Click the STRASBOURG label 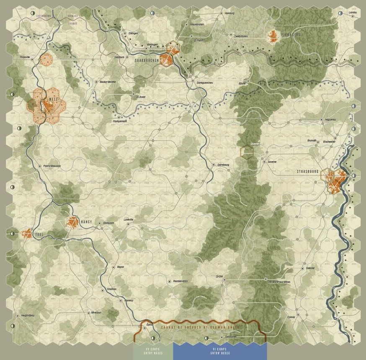(308, 172)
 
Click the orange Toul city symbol (27, 234)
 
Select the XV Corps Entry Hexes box (153, 350)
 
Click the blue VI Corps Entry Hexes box (219, 350)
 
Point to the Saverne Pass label (257, 144)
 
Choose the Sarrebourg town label (223, 165)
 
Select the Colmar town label (291, 317)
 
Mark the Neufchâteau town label (27, 315)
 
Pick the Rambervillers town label (180, 281)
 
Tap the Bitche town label (242, 84)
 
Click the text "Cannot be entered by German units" (199, 327)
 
